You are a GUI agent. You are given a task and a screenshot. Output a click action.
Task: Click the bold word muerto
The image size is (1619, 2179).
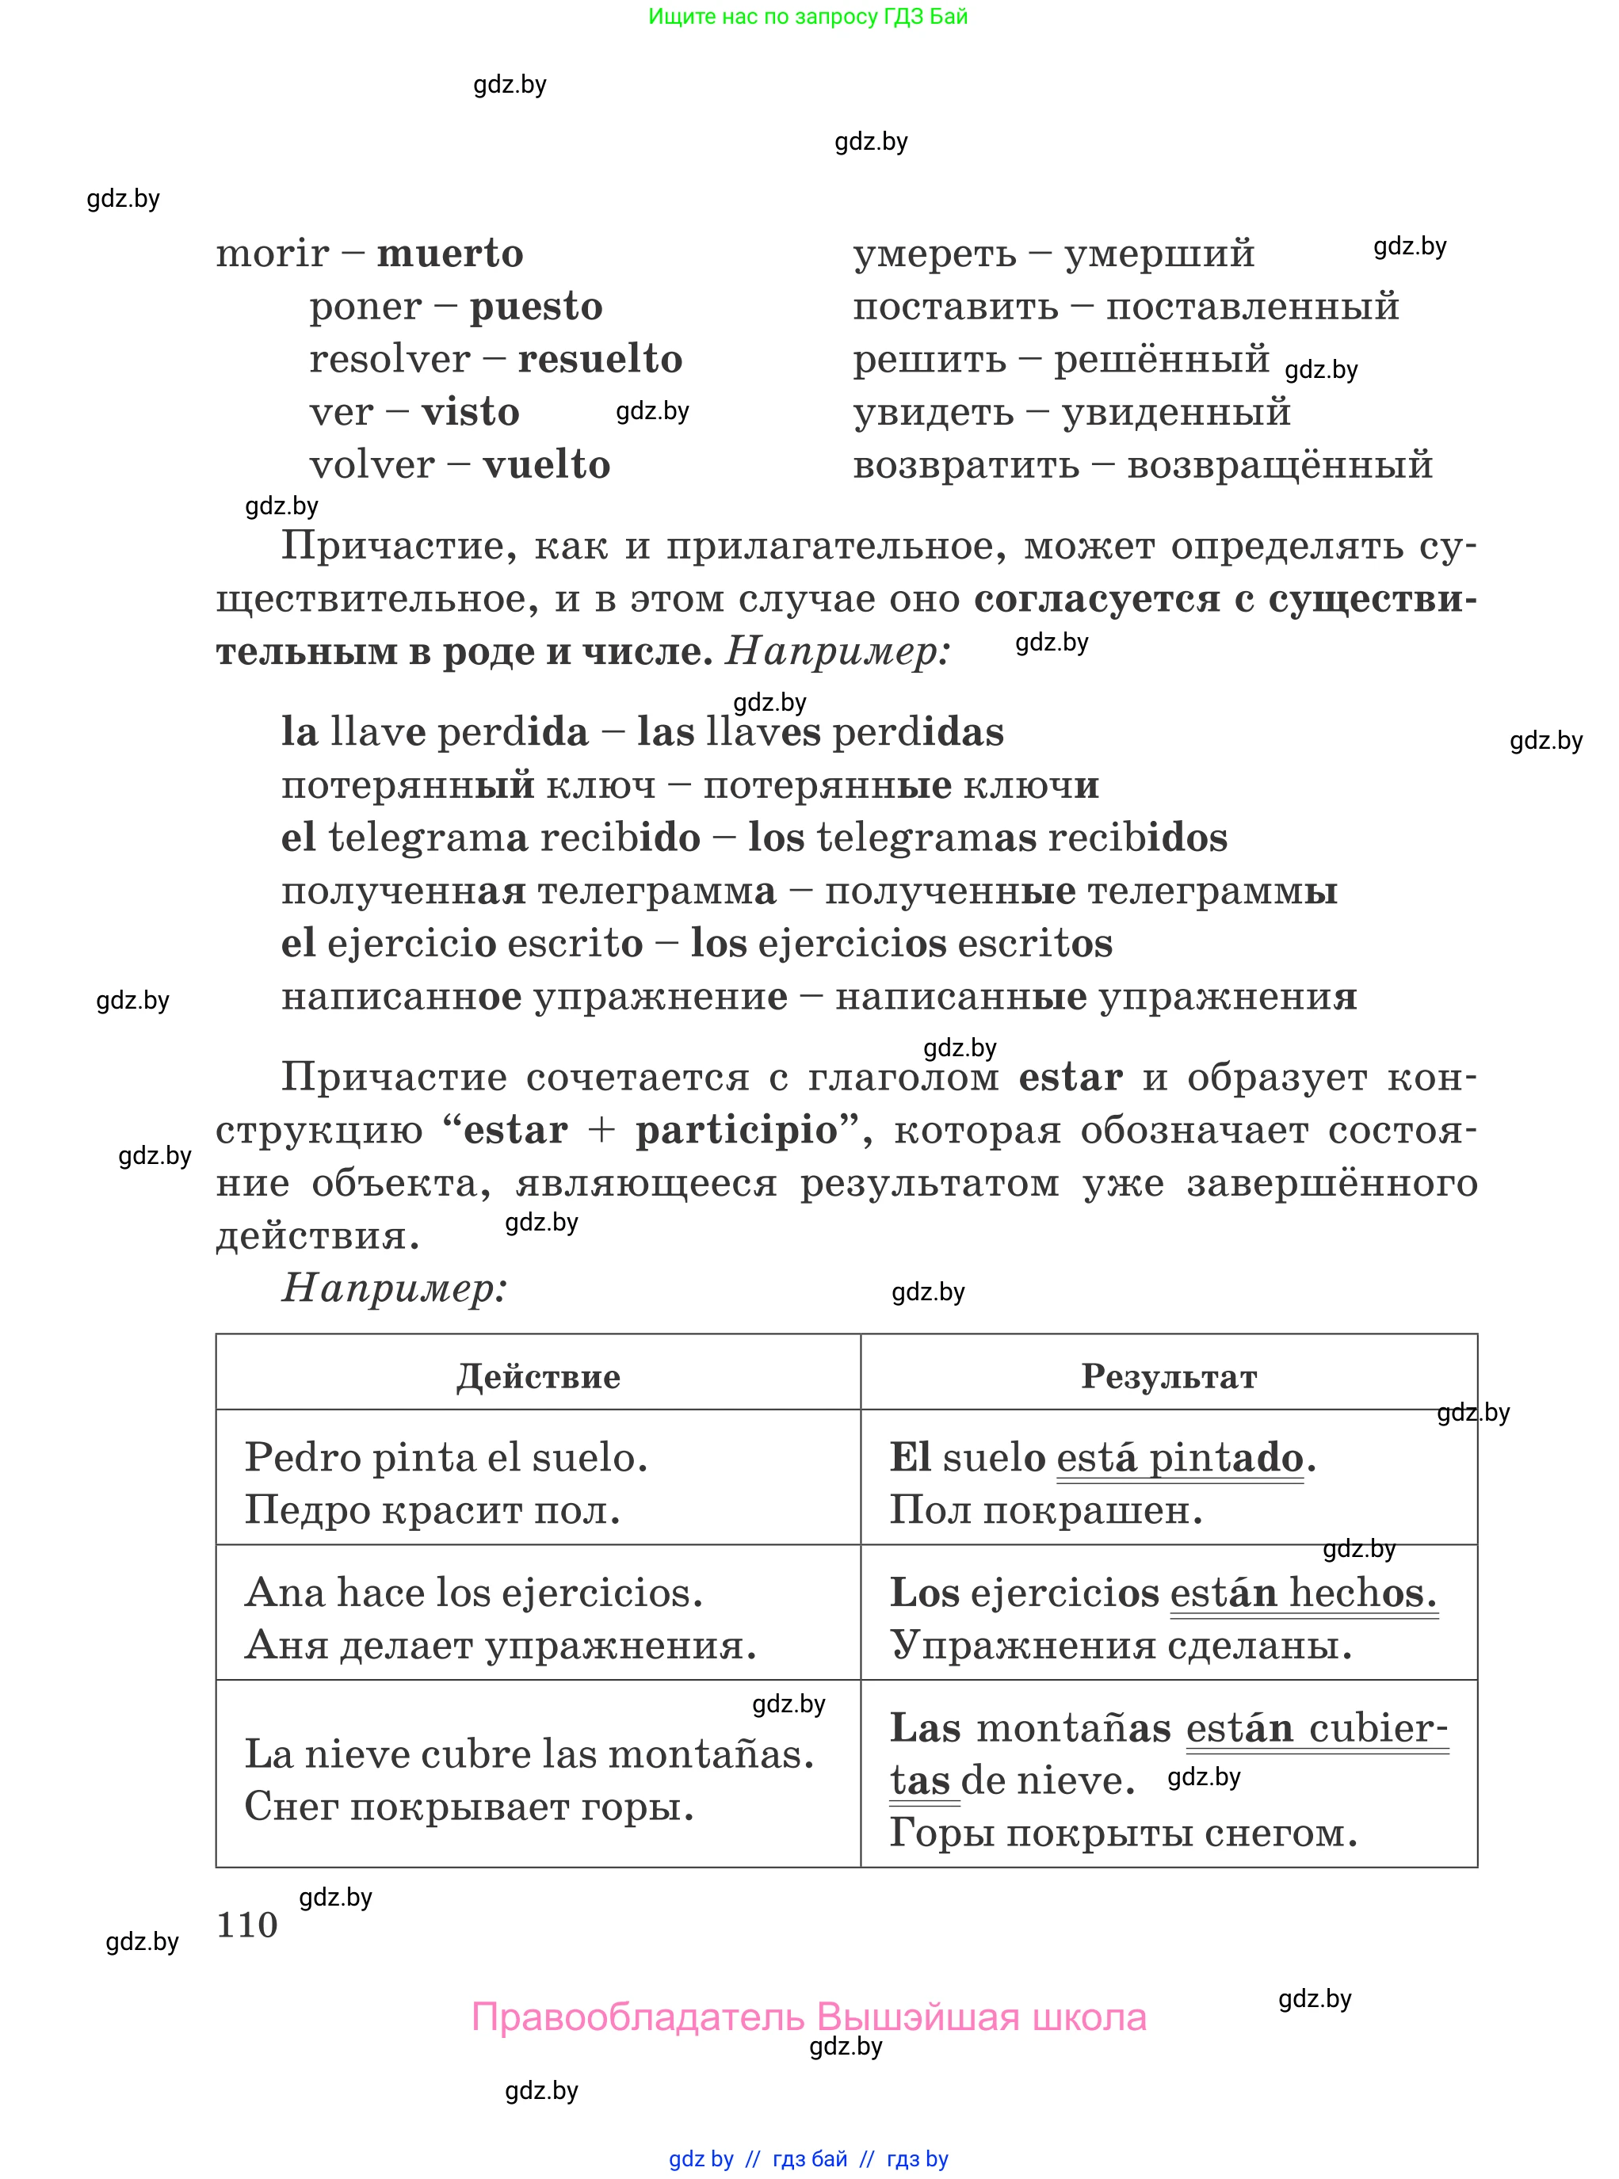(x=450, y=254)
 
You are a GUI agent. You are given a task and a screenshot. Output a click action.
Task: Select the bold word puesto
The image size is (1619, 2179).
(x=535, y=307)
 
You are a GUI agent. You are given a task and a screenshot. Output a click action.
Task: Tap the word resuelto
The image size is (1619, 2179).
(x=599, y=360)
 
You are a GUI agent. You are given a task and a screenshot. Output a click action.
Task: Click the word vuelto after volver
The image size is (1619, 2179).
(x=546, y=465)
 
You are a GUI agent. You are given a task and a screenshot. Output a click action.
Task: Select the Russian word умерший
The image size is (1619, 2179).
(x=1159, y=254)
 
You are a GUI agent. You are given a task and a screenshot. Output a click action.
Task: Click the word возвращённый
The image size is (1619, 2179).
(x=1279, y=465)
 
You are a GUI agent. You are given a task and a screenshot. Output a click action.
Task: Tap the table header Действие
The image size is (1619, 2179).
(x=538, y=1376)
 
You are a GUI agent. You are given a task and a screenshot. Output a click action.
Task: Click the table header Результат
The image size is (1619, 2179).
(x=1168, y=1376)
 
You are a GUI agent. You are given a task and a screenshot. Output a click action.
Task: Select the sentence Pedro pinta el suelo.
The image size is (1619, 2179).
(x=446, y=1457)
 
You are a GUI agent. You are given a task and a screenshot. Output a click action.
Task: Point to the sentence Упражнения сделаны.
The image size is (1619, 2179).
(x=1121, y=1645)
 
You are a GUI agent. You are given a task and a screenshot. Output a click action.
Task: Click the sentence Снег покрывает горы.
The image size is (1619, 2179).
(x=468, y=1806)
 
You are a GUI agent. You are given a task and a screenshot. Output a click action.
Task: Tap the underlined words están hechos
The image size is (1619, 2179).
(x=1303, y=1593)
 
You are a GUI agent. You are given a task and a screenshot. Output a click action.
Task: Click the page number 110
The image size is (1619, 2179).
(x=247, y=1925)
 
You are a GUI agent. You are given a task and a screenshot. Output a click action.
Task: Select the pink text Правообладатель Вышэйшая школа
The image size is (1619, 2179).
(x=808, y=2017)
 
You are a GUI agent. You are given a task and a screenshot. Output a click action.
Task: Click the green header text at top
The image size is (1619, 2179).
(x=808, y=17)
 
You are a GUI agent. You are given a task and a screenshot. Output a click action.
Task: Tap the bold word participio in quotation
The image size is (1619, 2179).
(x=736, y=1131)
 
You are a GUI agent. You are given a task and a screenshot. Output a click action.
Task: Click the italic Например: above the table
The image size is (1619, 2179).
(x=394, y=1288)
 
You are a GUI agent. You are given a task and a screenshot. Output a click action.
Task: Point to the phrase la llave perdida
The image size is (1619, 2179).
(x=434, y=733)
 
